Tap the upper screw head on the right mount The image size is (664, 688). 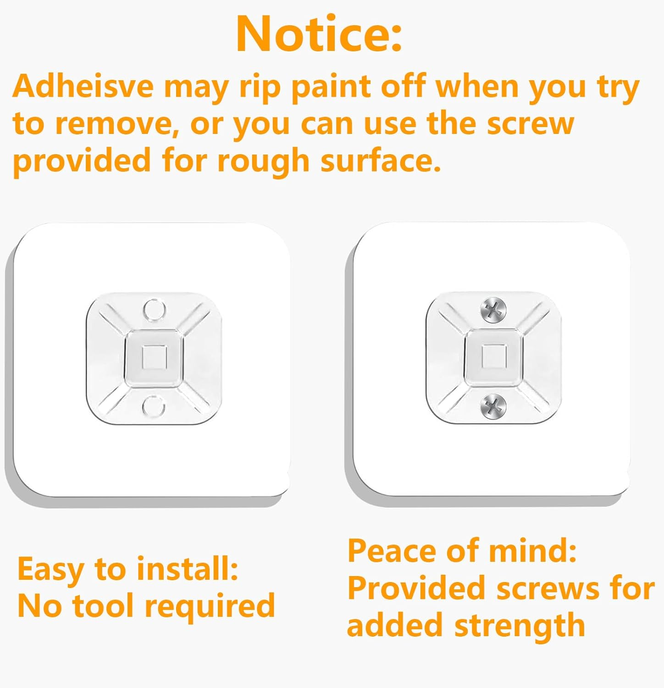click(493, 310)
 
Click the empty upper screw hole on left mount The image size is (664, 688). click(154, 310)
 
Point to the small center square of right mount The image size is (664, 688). click(493, 356)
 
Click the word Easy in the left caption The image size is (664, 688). click(50, 570)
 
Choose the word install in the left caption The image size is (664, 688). click(187, 569)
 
